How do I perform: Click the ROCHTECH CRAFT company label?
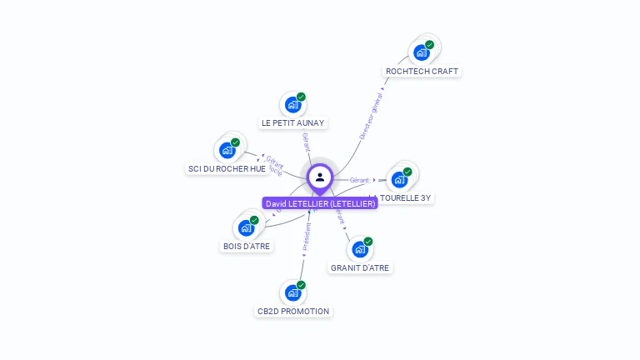point(422,72)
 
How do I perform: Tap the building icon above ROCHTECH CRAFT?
point(421,52)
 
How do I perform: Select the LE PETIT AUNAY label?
point(292,123)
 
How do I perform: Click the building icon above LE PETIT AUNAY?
point(292,104)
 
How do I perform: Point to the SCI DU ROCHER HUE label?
point(227,169)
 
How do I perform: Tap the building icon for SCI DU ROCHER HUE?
point(227,151)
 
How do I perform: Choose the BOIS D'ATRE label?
point(247,247)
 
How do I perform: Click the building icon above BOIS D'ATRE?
point(246,227)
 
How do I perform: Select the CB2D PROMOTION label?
point(292,312)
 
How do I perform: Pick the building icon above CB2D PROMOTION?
point(292,292)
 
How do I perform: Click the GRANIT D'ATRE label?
point(360,268)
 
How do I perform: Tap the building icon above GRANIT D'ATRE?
point(360,249)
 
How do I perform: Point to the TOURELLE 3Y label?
point(405,198)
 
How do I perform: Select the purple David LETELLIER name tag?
point(320,203)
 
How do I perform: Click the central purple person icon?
point(320,177)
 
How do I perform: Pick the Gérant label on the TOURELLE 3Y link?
point(359,180)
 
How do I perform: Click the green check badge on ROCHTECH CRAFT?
point(429,45)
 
